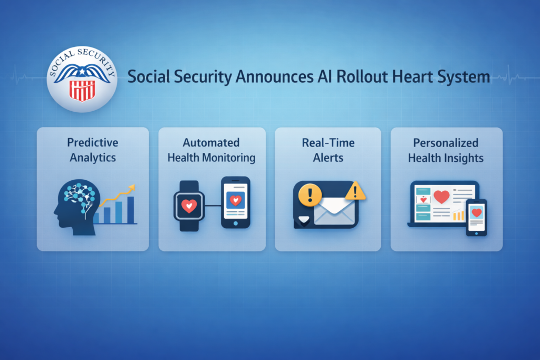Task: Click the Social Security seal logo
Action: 82,79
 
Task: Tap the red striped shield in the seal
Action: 82,91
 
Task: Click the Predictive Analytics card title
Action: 93,150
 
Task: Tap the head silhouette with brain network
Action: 77,207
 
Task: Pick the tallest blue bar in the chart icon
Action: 131,210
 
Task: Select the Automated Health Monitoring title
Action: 211,150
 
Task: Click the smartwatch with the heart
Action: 189,206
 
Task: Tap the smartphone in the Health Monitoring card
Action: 236,202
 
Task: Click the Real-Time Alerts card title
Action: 328,150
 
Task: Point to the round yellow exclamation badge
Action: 310,195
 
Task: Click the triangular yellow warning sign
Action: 355,191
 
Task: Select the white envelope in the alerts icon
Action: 334,211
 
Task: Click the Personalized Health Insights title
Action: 446,150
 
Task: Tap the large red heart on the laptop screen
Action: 441,197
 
